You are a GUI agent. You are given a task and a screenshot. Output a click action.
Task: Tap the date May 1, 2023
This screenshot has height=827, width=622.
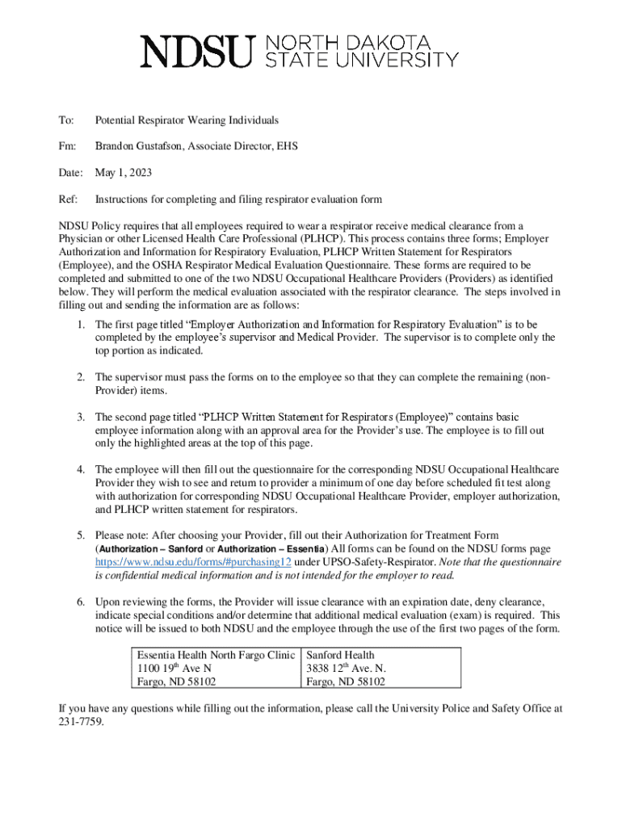click(124, 174)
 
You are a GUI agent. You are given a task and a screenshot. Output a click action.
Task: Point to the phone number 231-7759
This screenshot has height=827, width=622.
click(82, 722)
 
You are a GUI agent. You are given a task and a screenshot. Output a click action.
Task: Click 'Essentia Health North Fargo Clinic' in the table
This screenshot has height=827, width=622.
click(216, 655)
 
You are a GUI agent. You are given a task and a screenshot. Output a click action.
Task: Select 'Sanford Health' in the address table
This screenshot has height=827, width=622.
click(340, 655)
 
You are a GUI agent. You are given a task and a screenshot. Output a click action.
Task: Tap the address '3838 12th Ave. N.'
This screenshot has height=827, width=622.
click(346, 669)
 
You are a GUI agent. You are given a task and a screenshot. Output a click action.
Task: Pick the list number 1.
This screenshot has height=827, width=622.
click(82, 325)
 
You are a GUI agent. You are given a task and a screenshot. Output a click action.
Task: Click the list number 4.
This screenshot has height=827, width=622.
click(82, 469)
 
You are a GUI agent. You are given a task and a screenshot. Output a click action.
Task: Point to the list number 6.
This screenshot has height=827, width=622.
click(82, 602)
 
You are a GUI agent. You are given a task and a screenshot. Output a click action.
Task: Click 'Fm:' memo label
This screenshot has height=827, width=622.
click(68, 147)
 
